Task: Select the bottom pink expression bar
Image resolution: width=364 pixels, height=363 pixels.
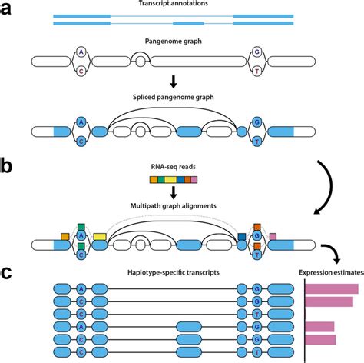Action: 320,339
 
